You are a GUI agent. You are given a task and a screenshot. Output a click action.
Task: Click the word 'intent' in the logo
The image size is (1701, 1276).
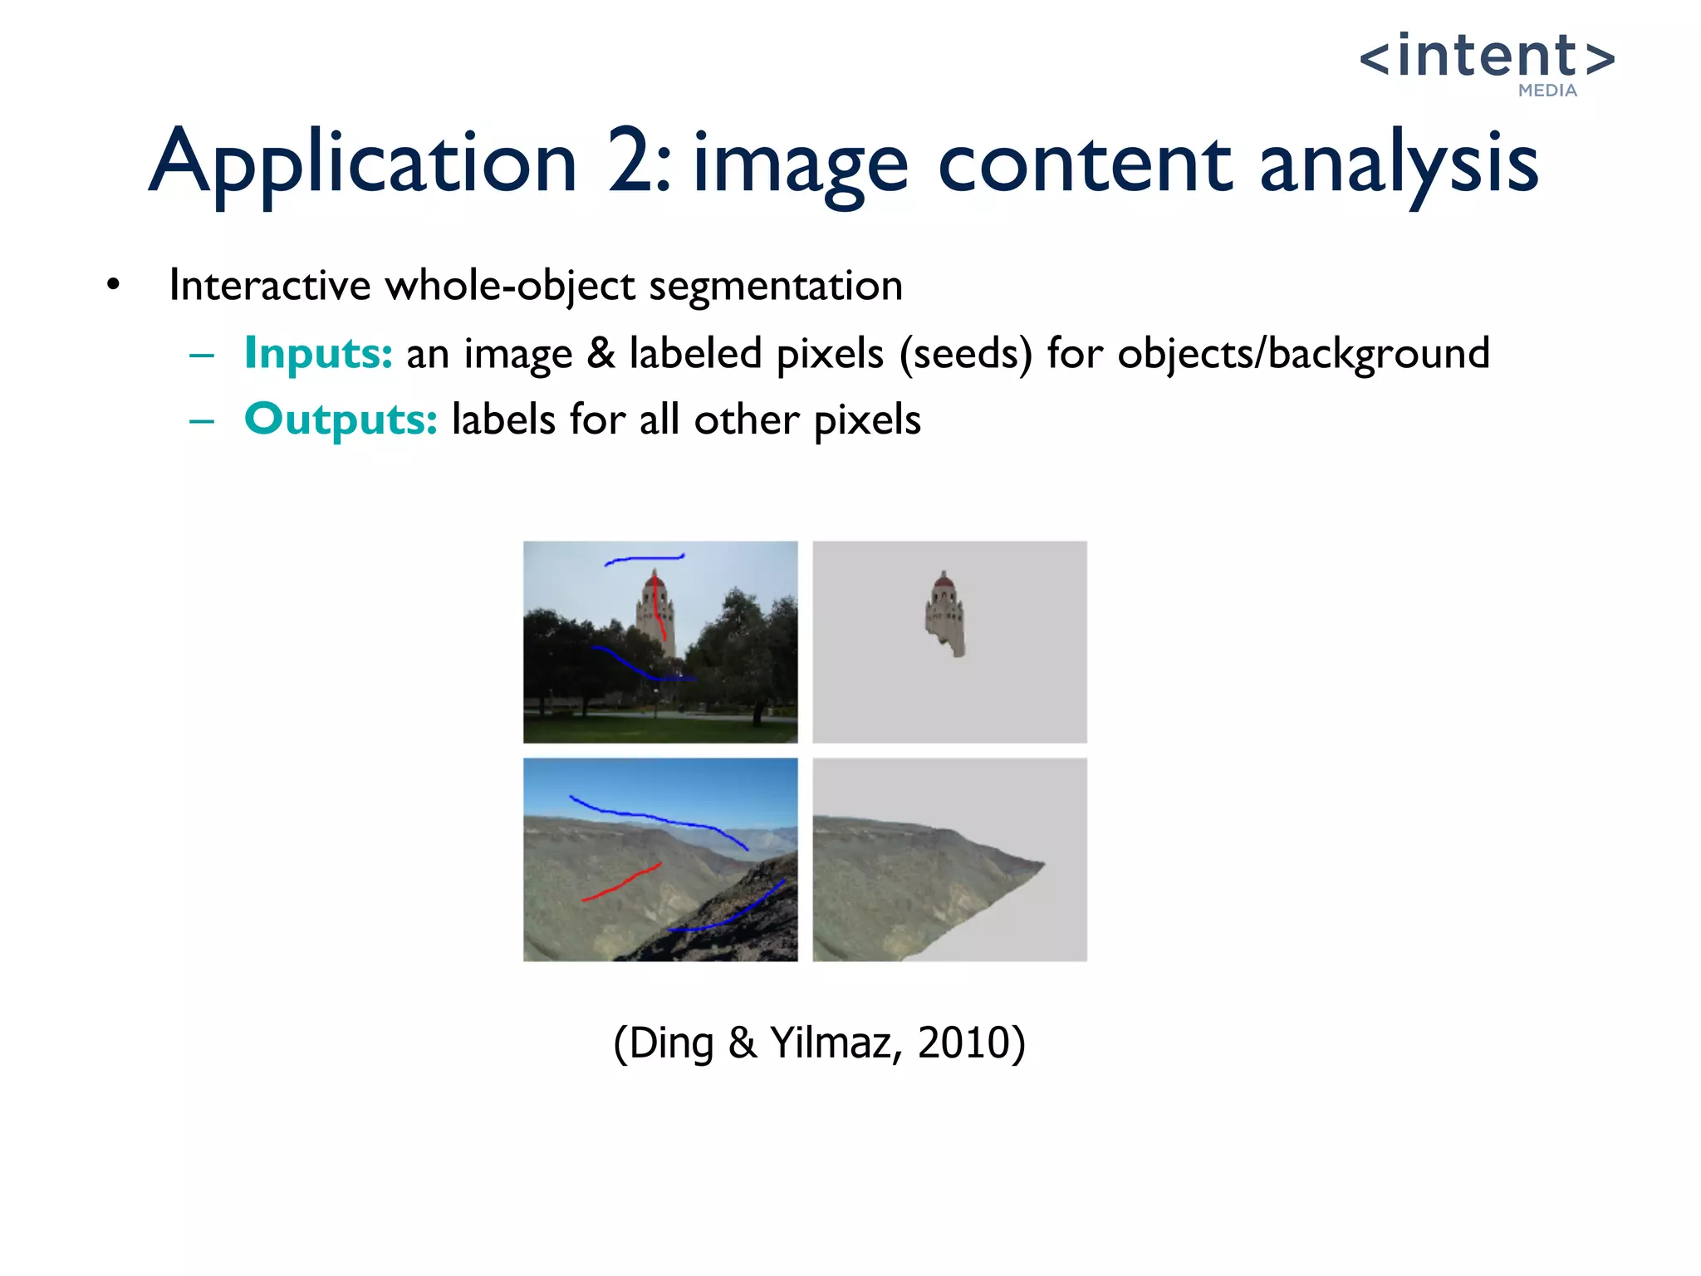point(1487,56)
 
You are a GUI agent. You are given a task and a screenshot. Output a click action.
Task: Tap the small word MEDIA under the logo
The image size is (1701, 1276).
point(1547,91)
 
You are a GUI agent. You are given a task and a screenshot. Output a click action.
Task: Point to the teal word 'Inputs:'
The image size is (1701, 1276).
point(317,353)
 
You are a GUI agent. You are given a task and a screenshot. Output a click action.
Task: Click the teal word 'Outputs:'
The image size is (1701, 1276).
point(341,419)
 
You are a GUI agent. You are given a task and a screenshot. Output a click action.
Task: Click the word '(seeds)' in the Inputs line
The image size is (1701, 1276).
point(966,354)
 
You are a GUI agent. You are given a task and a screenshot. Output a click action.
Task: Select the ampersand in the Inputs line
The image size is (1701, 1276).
point(600,353)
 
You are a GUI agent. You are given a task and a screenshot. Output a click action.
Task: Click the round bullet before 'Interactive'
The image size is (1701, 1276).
point(114,285)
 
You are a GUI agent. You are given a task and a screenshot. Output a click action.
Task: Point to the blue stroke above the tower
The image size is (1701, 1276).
point(644,559)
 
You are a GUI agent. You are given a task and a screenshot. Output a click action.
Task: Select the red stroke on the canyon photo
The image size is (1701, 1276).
point(621,883)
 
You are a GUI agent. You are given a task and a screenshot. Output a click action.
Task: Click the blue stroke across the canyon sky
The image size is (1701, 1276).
point(656,817)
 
